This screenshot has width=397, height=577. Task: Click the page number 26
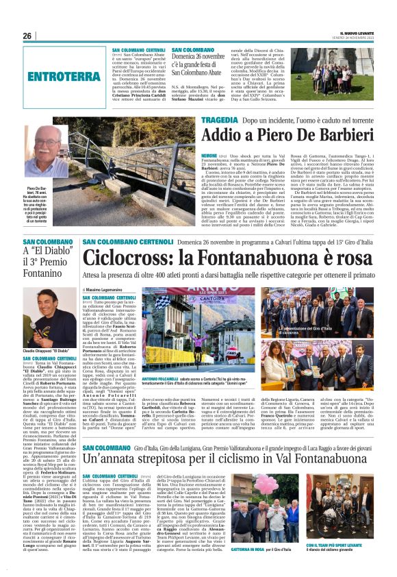click(27, 36)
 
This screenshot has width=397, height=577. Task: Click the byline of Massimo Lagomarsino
click(110, 290)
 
